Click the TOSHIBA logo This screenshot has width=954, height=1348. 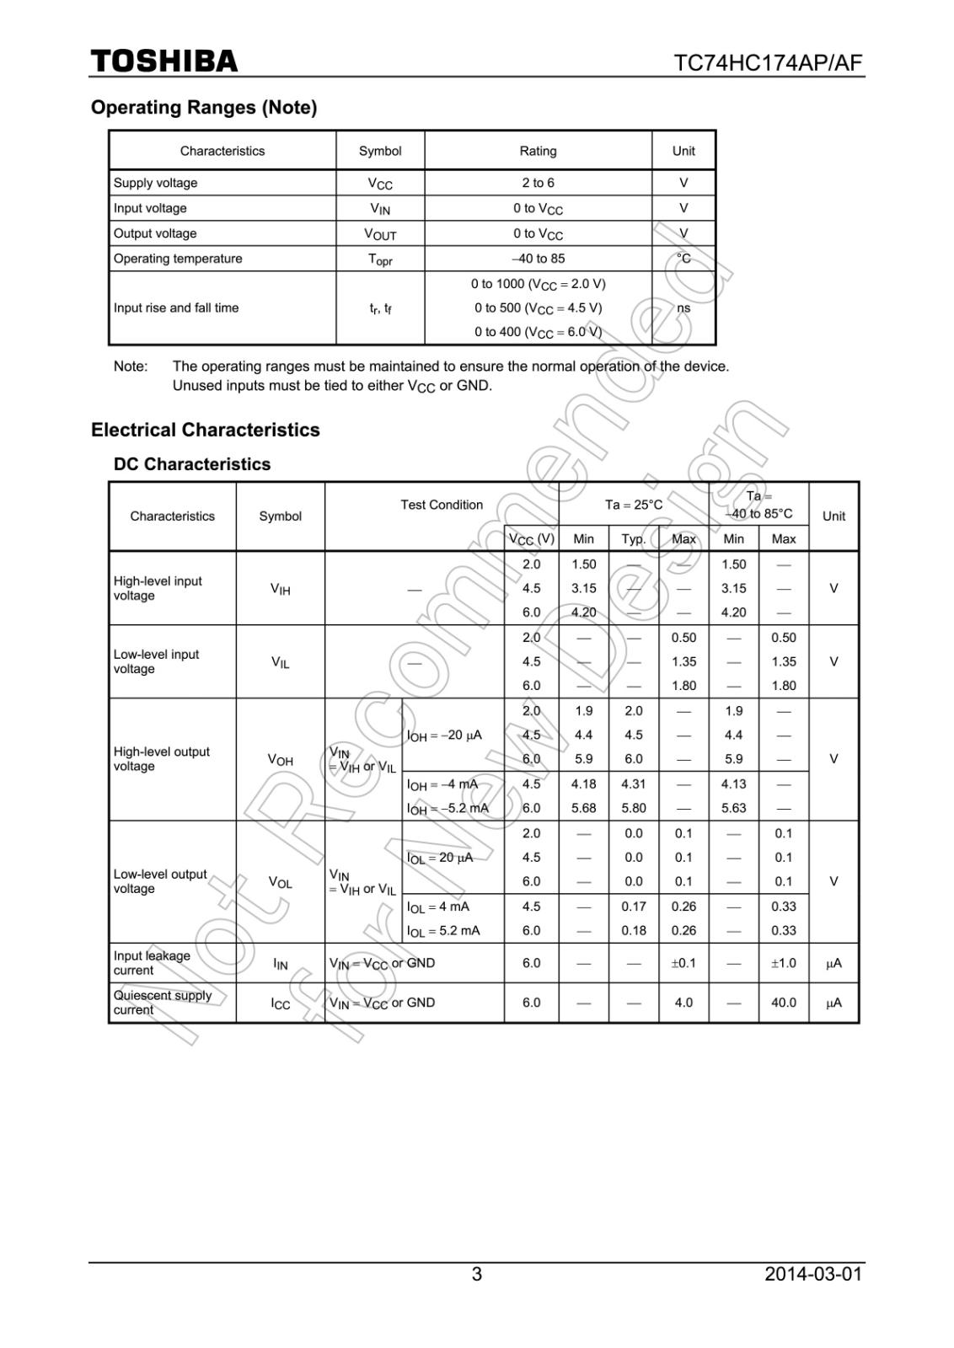click(164, 62)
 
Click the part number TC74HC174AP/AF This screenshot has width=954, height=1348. click(768, 64)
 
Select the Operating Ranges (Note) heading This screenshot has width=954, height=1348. click(204, 108)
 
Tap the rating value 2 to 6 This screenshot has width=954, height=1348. click(538, 183)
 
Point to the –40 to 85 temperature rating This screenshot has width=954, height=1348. click(538, 259)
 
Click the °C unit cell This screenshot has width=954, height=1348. click(683, 259)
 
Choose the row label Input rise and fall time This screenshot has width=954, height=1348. click(176, 308)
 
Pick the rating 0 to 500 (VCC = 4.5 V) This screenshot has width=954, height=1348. click(538, 308)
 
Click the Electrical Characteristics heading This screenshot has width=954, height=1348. click(206, 430)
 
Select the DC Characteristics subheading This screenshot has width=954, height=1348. click(192, 464)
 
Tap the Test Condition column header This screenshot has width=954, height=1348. click(442, 505)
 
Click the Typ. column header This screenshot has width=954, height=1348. click(634, 539)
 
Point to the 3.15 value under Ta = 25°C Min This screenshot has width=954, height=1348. click(583, 589)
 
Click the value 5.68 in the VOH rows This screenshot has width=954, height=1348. click(583, 808)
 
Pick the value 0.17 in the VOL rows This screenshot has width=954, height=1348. click(634, 907)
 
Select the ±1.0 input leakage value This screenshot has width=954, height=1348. click(783, 963)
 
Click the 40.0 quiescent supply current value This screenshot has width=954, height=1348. click(783, 1003)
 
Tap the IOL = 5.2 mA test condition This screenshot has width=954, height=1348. click(443, 931)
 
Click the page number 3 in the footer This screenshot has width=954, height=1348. click(477, 1274)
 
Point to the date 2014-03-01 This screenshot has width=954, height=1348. click(813, 1274)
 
